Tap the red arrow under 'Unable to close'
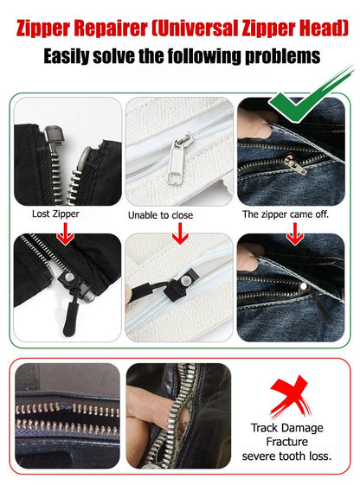179,233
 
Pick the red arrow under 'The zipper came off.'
294,233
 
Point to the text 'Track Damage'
287,427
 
